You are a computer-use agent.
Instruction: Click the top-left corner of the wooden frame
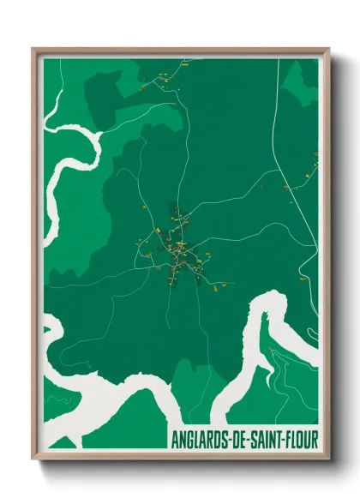click(x=33, y=50)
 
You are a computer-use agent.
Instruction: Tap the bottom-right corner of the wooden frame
click(x=328, y=459)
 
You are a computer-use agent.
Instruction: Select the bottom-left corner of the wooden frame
click(x=33, y=459)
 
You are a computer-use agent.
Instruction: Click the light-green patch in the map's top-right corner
click(x=302, y=81)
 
